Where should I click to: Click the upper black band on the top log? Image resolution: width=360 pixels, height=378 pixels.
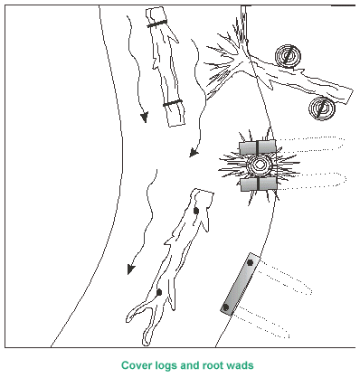pyautogui.click(x=157, y=24)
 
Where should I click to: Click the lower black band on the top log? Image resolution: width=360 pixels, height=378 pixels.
pyautogui.click(x=173, y=102)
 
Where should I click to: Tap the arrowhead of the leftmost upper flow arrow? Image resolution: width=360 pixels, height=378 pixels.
pyautogui.click(x=145, y=118)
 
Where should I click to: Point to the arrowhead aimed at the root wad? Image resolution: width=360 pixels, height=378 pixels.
pyautogui.click(x=194, y=153)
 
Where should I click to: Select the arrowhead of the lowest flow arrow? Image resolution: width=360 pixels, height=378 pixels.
pyautogui.click(x=130, y=269)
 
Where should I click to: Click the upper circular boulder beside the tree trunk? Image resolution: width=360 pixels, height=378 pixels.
pyautogui.click(x=288, y=56)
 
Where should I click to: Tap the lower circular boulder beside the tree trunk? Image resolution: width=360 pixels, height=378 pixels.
pyautogui.click(x=322, y=109)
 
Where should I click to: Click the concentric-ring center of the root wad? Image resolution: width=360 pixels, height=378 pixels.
pyautogui.click(x=259, y=165)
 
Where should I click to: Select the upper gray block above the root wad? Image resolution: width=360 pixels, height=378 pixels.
pyautogui.click(x=258, y=147)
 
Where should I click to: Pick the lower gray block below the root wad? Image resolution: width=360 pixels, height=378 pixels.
pyautogui.click(x=259, y=184)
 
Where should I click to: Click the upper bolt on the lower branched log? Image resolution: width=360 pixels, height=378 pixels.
pyautogui.click(x=196, y=211)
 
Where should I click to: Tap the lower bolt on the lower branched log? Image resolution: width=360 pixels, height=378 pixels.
pyautogui.click(x=159, y=292)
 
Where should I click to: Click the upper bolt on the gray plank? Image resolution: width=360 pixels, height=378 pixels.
pyautogui.click(x=250, y=262)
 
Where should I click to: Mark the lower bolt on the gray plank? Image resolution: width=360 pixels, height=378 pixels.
pyautogui.click(x=225, y=307)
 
